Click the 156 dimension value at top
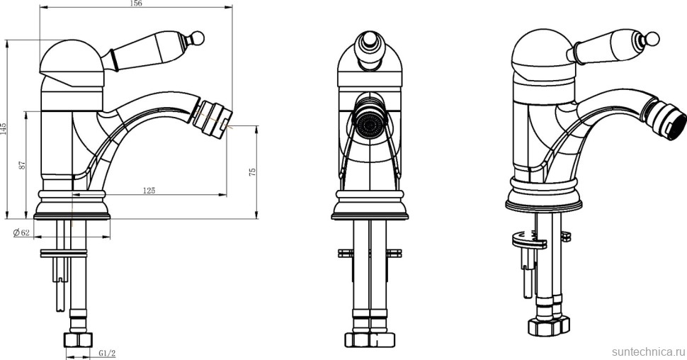click(136, 4)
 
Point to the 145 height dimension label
click(4, 128)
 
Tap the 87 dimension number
click(23, 165)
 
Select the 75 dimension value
click(252, 171)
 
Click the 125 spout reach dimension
click(149, 191)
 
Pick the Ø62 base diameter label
click(21, 232)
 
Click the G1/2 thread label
click(107, 353)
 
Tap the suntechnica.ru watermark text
click(647, 352)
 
